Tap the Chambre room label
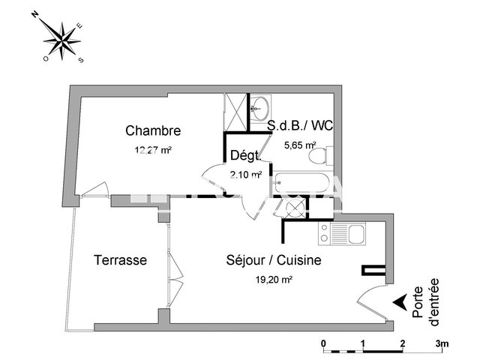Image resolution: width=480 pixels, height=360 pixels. [153, 131]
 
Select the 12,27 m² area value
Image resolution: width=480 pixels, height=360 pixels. [153, 150]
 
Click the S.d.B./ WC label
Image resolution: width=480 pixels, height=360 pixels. [300, 125]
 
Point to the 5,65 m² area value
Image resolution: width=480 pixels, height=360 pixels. [299, 145]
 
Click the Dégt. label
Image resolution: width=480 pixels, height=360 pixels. [245, 156]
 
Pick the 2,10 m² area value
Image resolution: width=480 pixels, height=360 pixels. [245, 175]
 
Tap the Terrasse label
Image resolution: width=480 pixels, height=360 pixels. [120, 260]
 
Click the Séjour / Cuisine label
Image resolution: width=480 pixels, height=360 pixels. [274, 260]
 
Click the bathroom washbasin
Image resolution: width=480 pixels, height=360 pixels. [261, 106]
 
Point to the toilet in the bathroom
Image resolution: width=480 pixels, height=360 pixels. [318, 156]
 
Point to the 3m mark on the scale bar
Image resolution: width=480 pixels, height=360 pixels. [442, 344]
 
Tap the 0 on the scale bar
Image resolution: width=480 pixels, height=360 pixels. [324, 344]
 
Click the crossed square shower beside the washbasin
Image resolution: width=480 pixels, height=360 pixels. [235, 110]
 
